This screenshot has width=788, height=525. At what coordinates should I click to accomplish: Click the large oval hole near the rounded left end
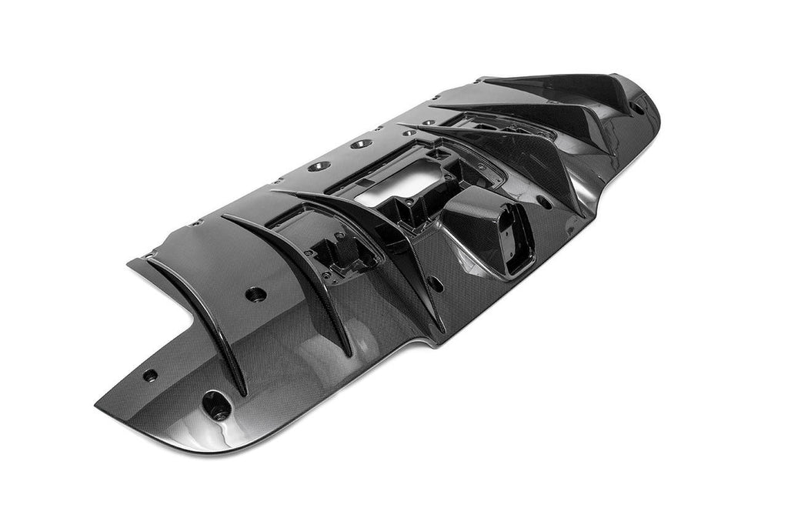click(x=216, y=405)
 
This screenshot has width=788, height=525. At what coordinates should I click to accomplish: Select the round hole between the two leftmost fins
click(x=255, y=293)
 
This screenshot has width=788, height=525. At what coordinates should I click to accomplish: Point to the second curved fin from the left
click(x=289, y=274)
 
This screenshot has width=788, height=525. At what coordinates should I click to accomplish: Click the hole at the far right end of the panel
click(x=636, y=108)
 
